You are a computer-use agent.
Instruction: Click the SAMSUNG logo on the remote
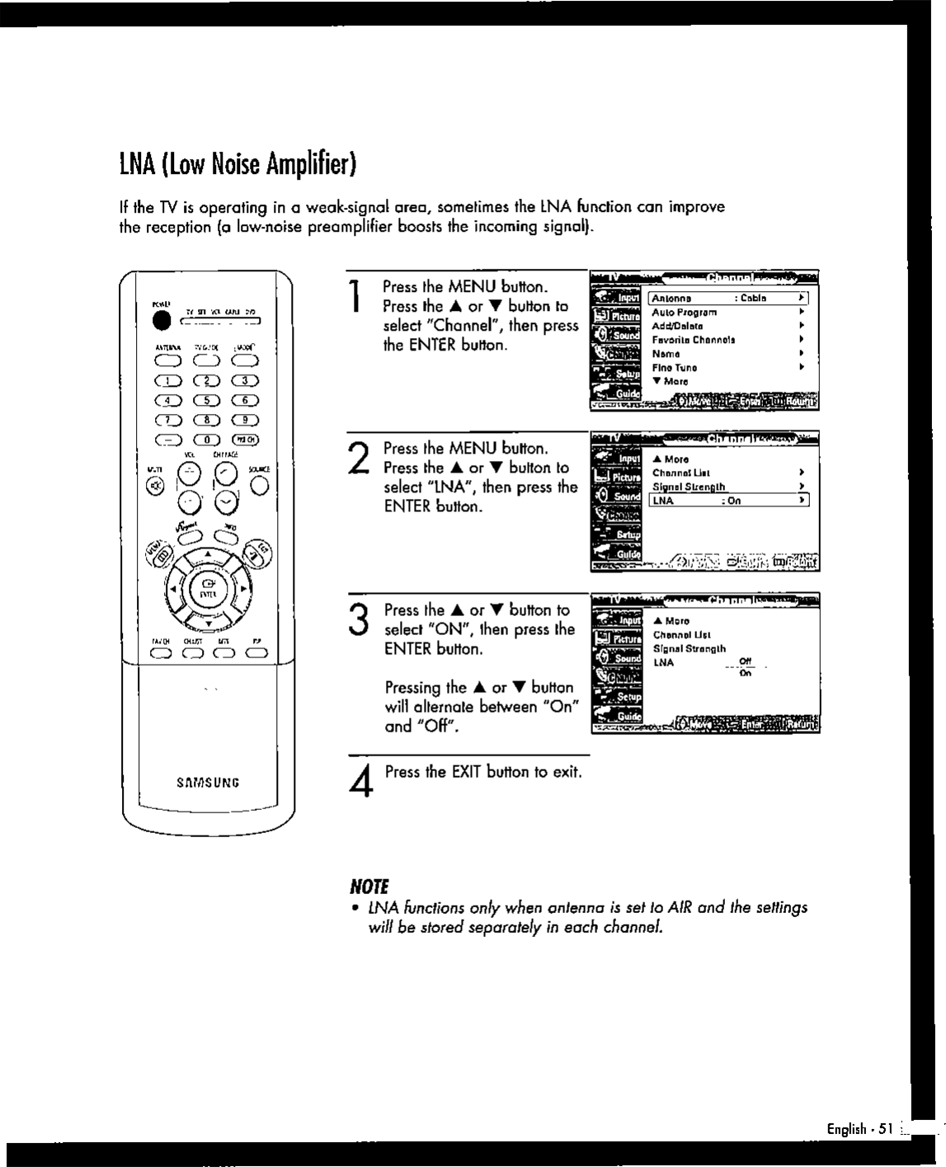[208, 783]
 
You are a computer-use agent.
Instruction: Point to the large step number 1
[355, 297]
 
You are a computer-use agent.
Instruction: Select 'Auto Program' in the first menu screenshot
[685, 313]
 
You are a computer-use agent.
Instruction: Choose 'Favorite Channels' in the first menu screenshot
[694, 340]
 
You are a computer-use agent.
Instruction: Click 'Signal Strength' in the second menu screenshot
[689, 487]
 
